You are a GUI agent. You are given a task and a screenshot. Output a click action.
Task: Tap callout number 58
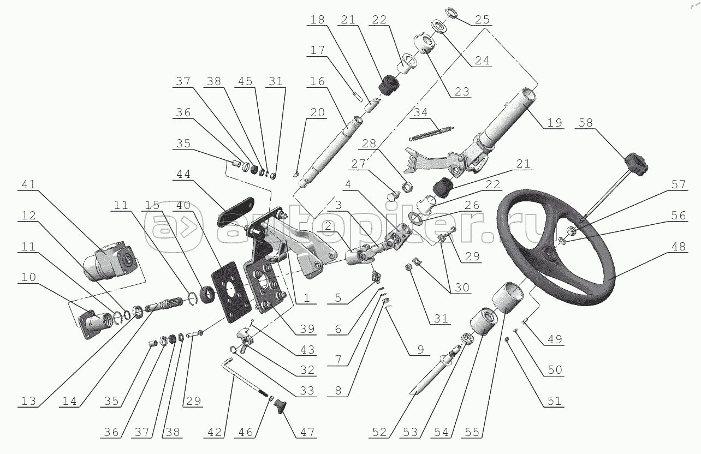585,122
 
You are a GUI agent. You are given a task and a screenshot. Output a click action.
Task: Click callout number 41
28,184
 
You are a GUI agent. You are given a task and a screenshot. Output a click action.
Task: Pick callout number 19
555,122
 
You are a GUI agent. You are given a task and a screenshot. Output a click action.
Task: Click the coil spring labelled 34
431,133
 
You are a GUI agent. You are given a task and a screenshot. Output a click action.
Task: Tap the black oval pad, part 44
235,213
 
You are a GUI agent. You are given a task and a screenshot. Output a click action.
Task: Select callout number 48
679,246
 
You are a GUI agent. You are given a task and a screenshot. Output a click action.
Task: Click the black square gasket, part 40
231,292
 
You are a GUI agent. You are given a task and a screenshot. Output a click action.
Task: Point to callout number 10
28,277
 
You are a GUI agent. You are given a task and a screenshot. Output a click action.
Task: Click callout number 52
379,432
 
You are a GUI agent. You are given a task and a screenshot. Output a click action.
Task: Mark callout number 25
482,20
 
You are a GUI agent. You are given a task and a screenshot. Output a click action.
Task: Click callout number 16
317,81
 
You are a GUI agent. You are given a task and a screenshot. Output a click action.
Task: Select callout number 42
215,432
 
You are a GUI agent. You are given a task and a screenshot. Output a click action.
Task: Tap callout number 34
420,112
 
